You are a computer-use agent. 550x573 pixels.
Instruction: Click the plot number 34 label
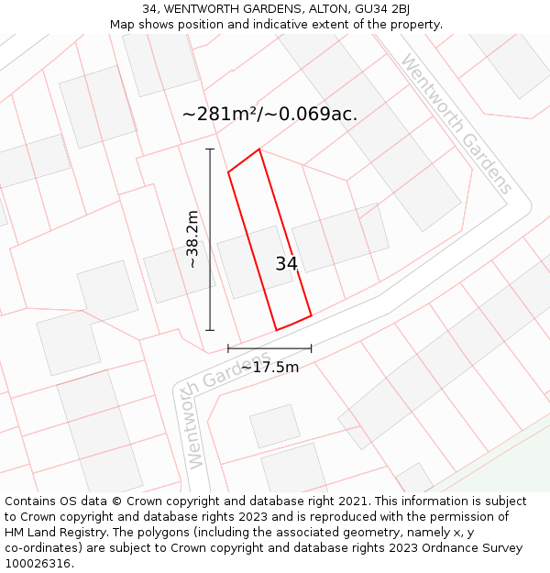[286, 264]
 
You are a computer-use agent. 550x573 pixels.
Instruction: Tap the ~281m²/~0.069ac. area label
[269, 115]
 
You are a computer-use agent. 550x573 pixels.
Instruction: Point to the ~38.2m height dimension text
[192, 239]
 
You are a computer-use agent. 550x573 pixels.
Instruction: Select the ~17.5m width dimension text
[269, 367]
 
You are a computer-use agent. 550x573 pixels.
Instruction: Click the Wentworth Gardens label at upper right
[456, 124]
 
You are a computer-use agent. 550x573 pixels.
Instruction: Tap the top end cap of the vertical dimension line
[210, 149]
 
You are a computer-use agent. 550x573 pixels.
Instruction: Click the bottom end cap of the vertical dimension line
[210, 330]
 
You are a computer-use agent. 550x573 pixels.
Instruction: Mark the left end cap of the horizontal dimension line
[228, 348]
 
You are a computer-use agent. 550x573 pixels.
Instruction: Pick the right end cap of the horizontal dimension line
[311, 348]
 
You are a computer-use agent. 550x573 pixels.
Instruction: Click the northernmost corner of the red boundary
[259, 149]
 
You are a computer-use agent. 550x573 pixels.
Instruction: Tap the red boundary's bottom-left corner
[277, 330]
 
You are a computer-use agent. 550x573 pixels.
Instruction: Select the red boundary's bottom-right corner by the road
[311, 315]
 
